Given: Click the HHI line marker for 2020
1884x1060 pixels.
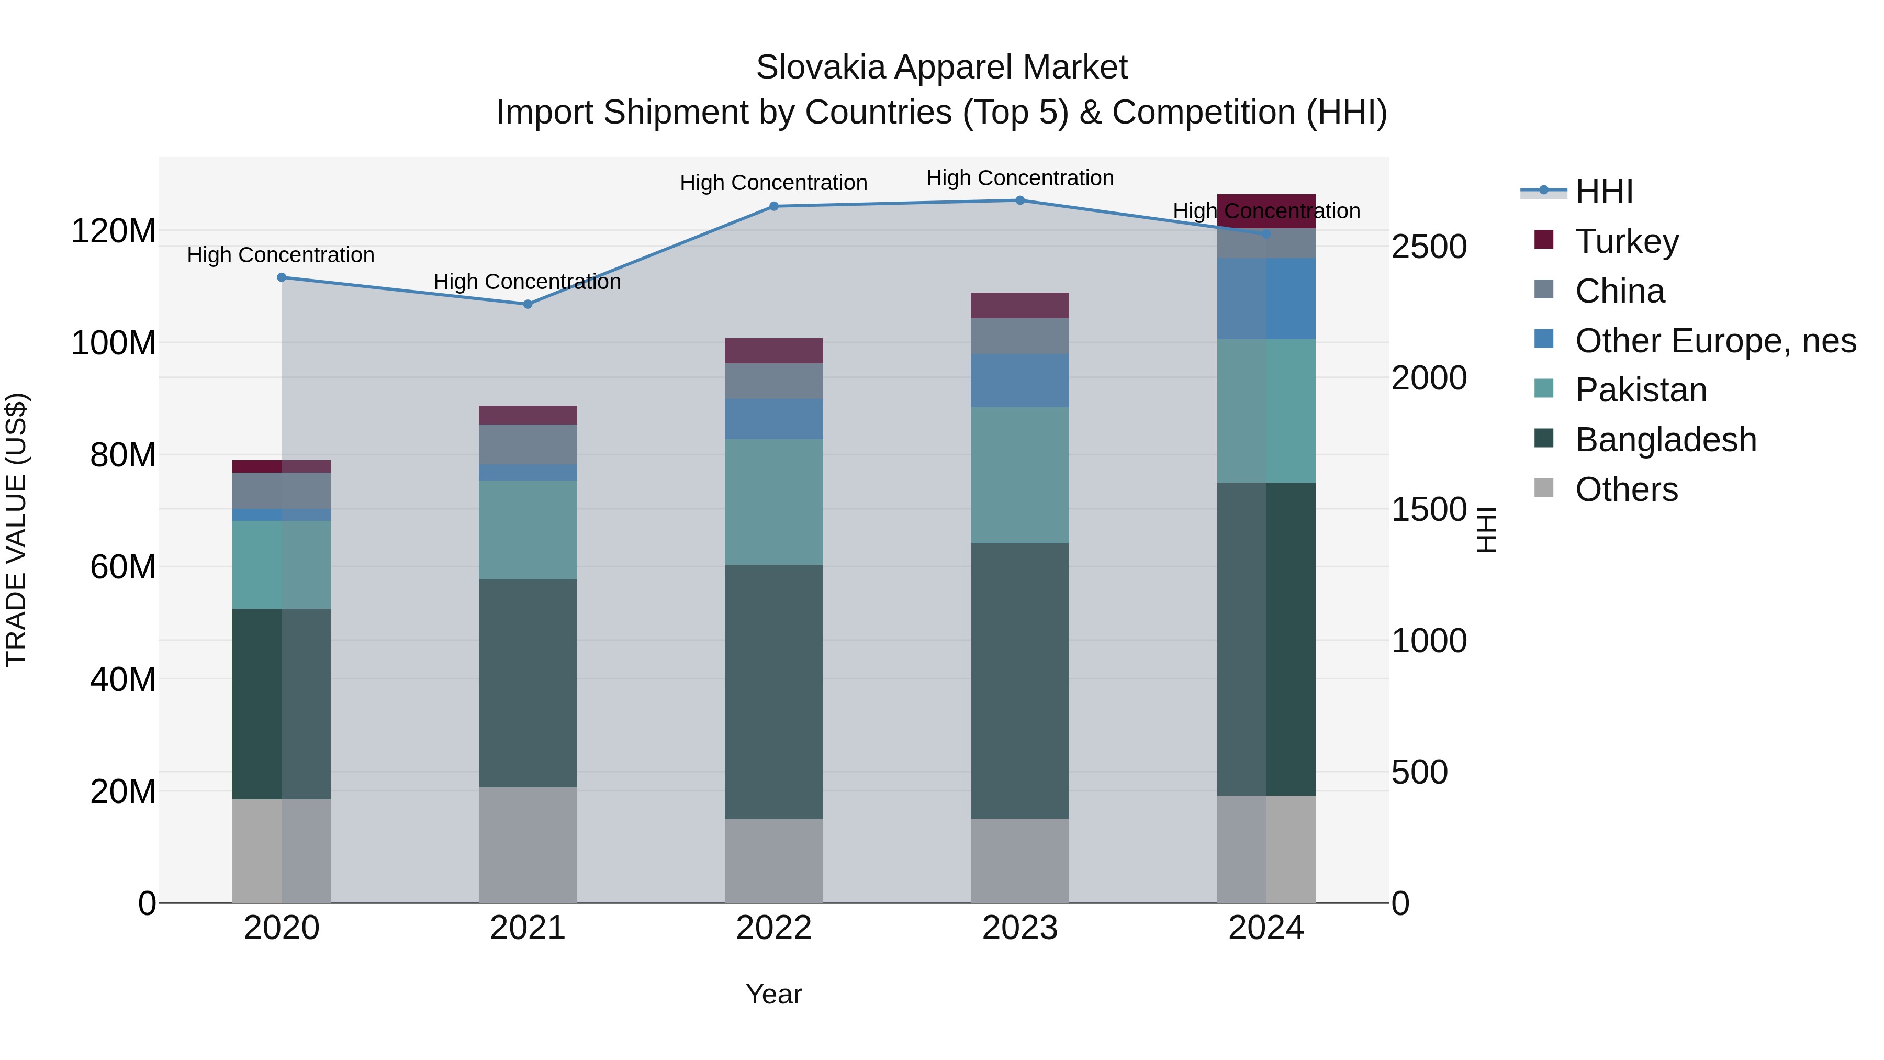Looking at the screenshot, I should tap(282, 277).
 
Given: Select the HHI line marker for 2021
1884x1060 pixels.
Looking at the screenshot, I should tap(528, 304).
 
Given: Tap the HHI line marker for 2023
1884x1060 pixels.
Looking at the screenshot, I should tap(1019, 200).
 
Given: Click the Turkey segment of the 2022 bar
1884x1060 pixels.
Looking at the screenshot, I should tap(774, 351).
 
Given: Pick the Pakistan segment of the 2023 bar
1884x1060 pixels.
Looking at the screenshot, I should tap(1019, 475).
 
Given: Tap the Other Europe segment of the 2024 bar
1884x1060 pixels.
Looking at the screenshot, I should tap(1266, 298).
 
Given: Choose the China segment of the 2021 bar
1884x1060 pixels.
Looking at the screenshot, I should tap(528, 444).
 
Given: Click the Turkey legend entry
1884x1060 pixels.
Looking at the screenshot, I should tap(1627, 241).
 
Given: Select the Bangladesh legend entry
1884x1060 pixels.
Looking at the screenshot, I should tap(1665, 440).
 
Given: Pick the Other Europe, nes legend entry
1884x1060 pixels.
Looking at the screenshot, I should tap(1715, 341).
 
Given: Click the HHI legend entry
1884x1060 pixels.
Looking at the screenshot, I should tap(1603, 192).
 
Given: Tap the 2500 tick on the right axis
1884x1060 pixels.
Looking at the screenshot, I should tap(1428, 247).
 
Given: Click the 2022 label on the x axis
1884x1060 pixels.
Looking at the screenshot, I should tap(774, 928).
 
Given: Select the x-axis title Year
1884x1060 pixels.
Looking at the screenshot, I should tap(774, 994).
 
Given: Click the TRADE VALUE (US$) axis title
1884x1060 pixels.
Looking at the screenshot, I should tap(16, 530).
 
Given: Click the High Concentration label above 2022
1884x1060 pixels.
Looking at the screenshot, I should tap(774, 183).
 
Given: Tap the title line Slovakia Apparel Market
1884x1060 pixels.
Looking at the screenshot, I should tap(941, 68).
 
